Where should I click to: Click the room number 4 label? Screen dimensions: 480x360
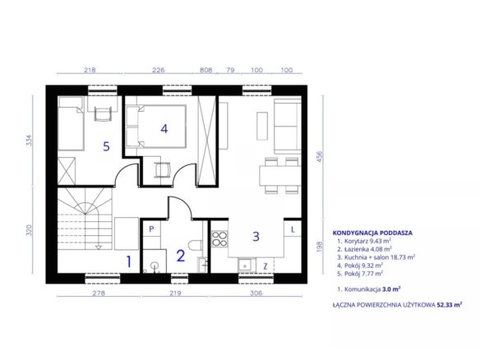[x=164, y=129]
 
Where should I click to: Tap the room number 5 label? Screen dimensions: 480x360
[x=106, y=146]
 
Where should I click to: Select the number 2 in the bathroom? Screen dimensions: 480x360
[x=181, y=256]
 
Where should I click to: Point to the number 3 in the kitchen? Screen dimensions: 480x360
[x=256, y=236]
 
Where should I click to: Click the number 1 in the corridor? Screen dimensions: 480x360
[x=129, y=261]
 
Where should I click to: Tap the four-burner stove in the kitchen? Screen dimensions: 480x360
[x=219, y=239]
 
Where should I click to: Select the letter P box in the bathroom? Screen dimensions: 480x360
[x=151, y=229]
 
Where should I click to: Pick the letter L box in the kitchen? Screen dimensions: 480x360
[x=293, y=229]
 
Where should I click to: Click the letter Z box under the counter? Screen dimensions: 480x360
[x=265, y=266]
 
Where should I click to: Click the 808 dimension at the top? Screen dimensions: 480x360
[x=206, y=70]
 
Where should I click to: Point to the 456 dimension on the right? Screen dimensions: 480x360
[x=320, y=156]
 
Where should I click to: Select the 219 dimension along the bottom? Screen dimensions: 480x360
[x=175, y=293]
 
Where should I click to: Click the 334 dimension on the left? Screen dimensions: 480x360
[x=29, y=141]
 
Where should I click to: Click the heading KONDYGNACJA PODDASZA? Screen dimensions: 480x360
[x=372, y=233]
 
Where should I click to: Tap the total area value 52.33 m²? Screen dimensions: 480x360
[x=450, y=305]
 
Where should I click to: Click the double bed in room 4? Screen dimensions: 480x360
[x=156, y=127]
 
